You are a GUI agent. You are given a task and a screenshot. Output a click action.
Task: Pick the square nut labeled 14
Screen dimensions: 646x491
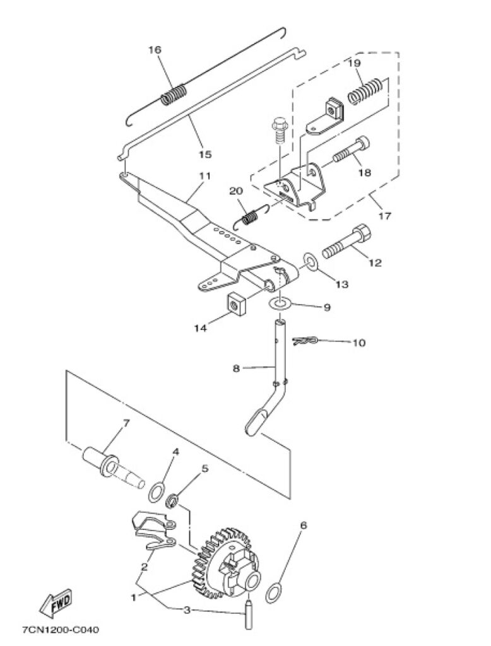[x=237, y=305]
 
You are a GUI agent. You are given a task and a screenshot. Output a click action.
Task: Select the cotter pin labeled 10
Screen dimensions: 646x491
[x=304, y=342]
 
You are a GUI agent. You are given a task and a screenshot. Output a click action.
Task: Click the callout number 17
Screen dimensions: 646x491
[x=384, y=216]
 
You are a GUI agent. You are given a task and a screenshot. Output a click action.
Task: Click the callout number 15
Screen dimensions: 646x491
[x=205, y=154]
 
